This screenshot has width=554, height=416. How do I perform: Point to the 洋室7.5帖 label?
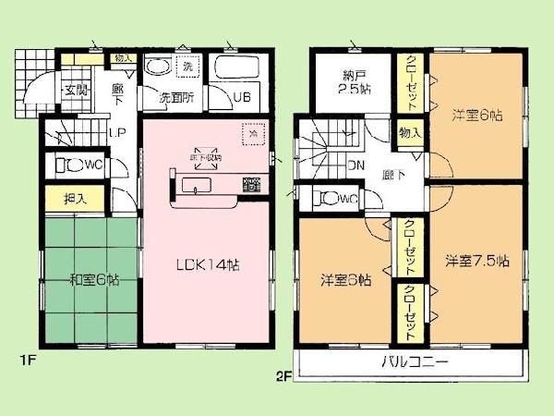[476, 261]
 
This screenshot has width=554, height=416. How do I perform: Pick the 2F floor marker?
[284, 375]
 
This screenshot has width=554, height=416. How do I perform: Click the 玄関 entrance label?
[75, 90]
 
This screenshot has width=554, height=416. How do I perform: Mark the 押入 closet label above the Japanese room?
[75, 198]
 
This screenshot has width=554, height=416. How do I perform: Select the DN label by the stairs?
[354, 167]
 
